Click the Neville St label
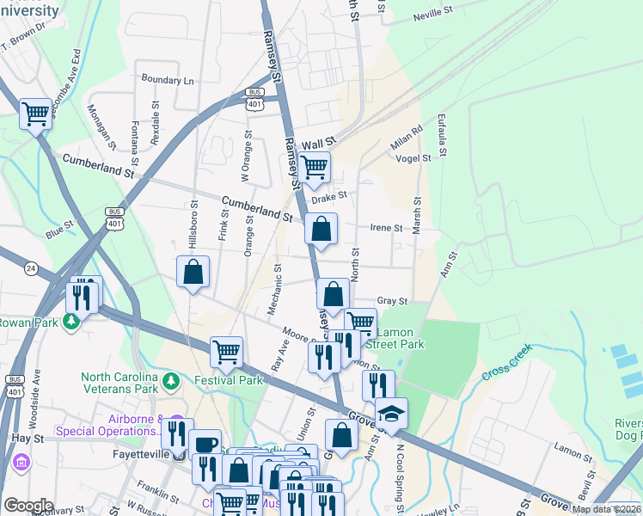tap(432, 15)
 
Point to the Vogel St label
tap(413, 158)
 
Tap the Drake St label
tap(328, 197)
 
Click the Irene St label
tap(386, 228)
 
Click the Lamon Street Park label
tap(396, 338)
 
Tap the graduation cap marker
tap(390, 415)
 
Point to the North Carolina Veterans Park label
tap(119, 383)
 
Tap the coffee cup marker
tap(205, 445)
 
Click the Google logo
tap(28, 505)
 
